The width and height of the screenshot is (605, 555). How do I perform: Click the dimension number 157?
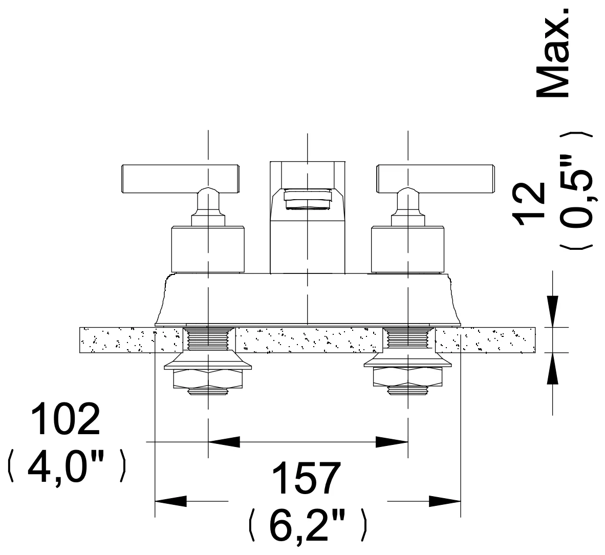coord(307,478)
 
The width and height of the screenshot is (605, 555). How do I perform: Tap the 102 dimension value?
coord(66,419)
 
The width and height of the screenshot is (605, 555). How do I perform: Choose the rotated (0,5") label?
coord(575,190)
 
